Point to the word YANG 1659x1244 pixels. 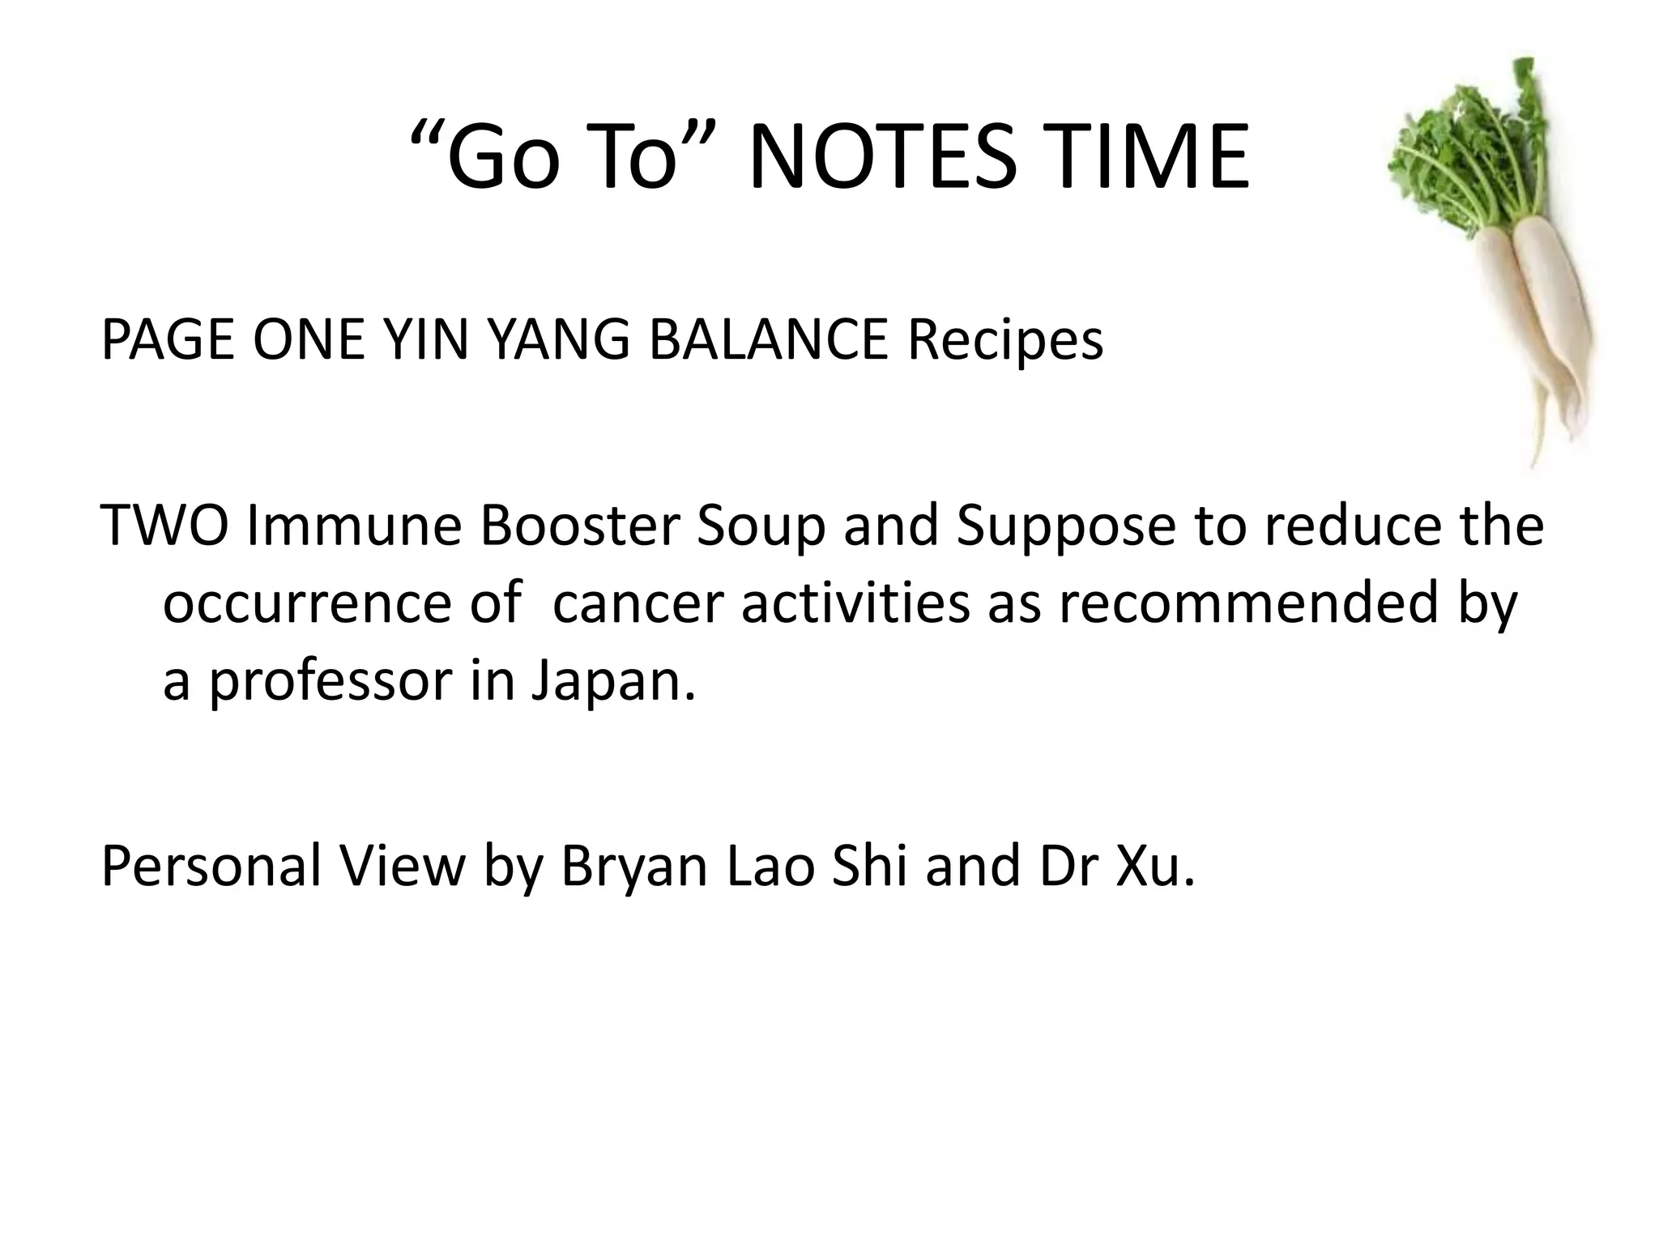point(557,340)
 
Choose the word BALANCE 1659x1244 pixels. point(768,340)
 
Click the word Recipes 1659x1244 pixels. point(1004,340)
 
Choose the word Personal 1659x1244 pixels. point(211,866)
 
